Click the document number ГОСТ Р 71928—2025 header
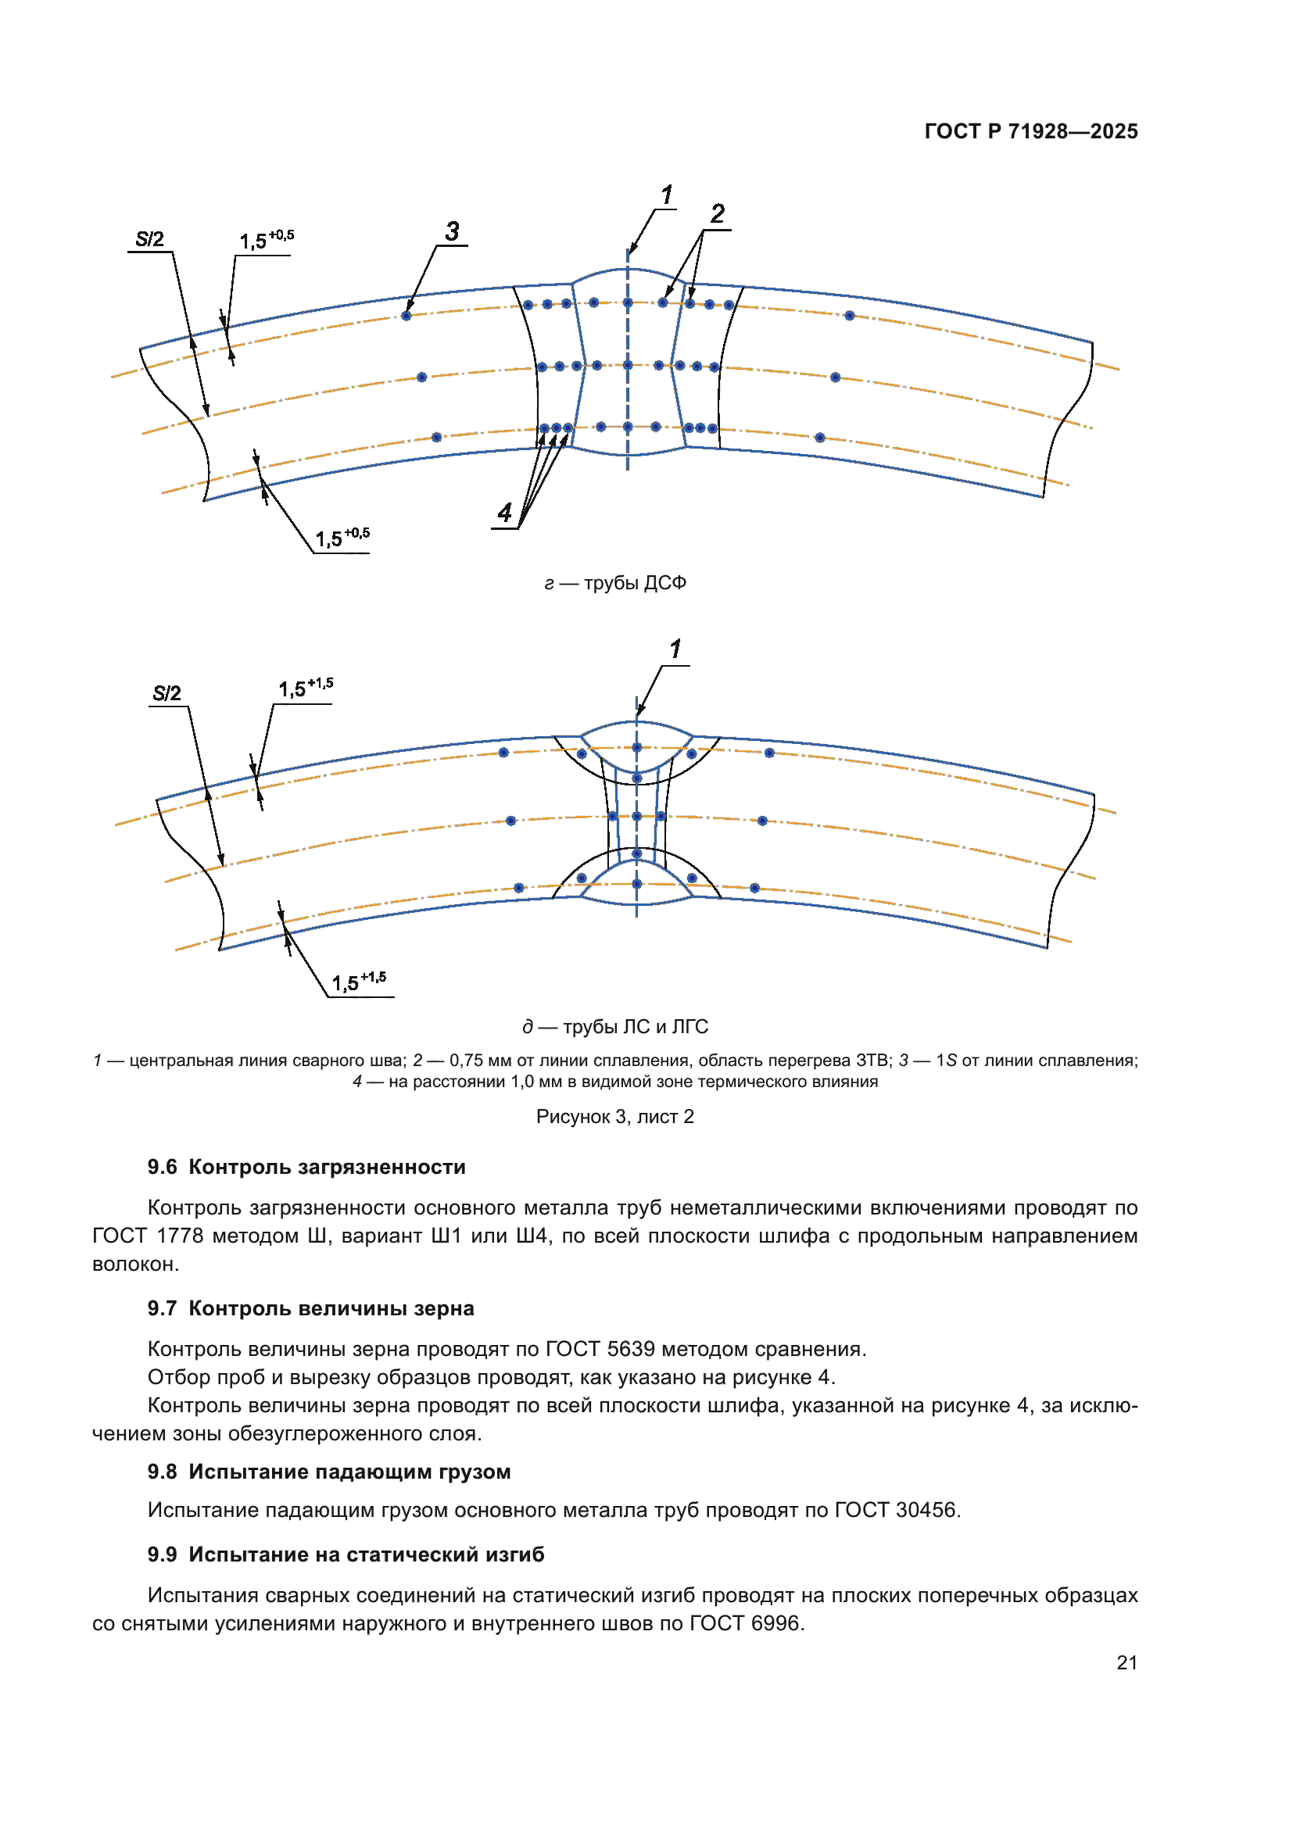[x=1030, y=131]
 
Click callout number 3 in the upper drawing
[x=452, y=231]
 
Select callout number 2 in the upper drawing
[x=718, y=214]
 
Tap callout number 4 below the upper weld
[x=505, y=513]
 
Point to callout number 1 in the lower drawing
[x=675, y=649]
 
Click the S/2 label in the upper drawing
[x=149, y=240]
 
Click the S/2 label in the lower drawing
[x=167, y=693]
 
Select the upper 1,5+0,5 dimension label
[x=266, y=240]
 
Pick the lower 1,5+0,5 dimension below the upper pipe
[x=342, y=538]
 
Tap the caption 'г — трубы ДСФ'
[x=614, y=584]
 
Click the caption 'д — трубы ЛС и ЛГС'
[x=614, y=1027]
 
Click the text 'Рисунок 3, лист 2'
[x=614, y=1117]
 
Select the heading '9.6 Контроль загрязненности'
[x=306, y=1167]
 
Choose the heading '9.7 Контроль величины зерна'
[x=310, y=1309]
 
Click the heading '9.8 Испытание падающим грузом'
[x=329, y=1472]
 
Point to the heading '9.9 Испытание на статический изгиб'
[x=346, y=1555]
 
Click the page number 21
[x=1126, y=1663]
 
